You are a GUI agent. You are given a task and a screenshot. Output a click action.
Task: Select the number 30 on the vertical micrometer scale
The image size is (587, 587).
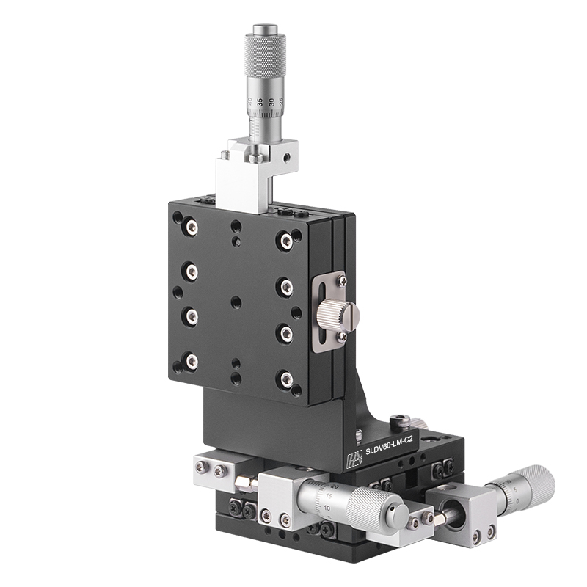point(271,102)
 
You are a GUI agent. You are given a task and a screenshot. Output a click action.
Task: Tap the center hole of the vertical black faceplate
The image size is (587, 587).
point(236,302)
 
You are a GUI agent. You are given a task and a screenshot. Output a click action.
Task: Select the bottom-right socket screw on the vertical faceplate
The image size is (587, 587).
point(286,379)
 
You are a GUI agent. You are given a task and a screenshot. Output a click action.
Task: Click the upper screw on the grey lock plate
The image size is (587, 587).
point(342,279)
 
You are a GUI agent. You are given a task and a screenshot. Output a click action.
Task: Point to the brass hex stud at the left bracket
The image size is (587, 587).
point(242,483)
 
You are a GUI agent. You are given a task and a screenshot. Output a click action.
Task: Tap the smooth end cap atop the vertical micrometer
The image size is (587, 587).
point(265,30)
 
